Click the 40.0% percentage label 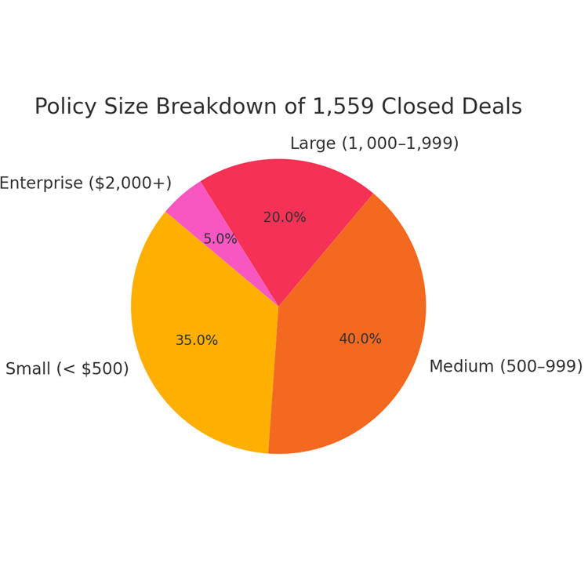(x=360, y=339)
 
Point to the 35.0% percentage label (x=197, y=341)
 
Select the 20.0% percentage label (x=285, y=218)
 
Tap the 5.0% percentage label (x=220, y=239)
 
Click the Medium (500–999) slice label (x=506, y=367)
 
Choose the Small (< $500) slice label (x=67, y=369)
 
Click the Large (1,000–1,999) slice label (x=374, y=144)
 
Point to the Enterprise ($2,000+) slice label (x=85, y=183)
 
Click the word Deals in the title (x=490, y=107)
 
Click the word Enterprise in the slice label (x=41, y=183)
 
